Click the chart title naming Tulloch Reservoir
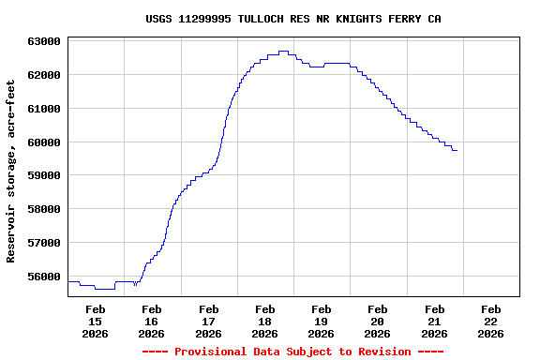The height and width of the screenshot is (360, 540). (293, 19)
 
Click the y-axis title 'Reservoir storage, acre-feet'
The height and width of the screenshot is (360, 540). (11, 171)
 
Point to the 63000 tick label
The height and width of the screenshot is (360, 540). (45, 41)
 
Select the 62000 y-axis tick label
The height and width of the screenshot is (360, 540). (45, 75)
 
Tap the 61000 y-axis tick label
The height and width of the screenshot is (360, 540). (45, 109)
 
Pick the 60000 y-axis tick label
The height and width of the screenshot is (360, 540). (45, 142)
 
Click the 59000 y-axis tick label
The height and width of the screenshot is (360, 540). (45, 175)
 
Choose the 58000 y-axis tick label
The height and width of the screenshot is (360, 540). (45, 209)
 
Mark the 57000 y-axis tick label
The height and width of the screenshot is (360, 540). (45, 243)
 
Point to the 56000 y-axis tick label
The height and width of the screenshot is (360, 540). (45, 277)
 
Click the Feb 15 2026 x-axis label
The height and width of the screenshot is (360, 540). (96, 321)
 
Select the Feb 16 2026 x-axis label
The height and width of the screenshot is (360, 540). (152, 321)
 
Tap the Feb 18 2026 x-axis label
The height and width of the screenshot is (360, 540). (265, 321)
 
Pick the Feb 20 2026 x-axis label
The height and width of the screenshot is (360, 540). (378, 321)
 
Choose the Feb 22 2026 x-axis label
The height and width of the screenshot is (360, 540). (490, 321)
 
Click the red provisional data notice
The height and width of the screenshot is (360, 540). (292, 352)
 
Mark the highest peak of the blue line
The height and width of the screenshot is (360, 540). (283, 52)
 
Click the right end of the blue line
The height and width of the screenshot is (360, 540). (457, 150)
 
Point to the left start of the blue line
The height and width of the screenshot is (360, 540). (68, 281)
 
